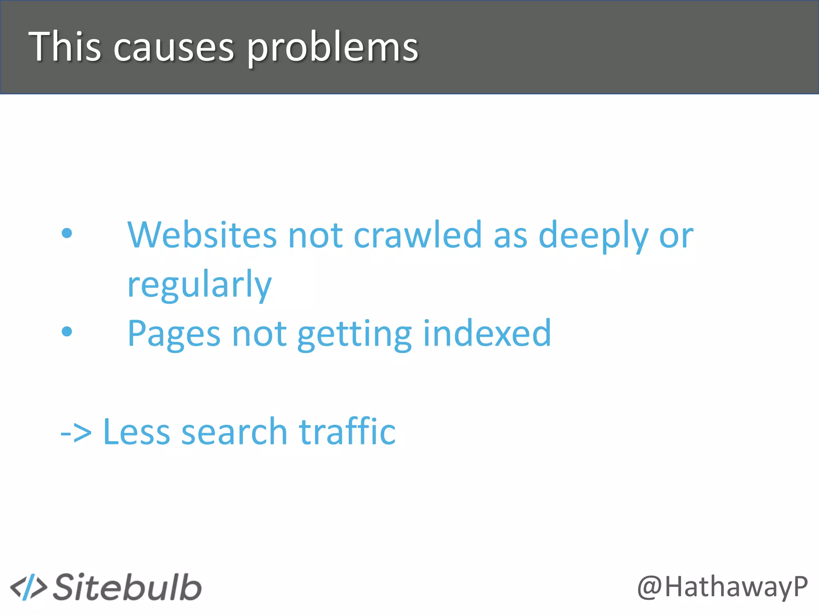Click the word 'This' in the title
pos(64,47)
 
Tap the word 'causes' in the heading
pos(173,48)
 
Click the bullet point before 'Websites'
pos(67,233)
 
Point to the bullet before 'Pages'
pos(67,331)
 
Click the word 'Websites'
pos(202,235)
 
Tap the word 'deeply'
pos(593,236)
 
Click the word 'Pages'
pos(174,334)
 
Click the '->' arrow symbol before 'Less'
pos(76,433)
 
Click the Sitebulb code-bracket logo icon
pos(28,588)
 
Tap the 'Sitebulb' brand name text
pos(127,587)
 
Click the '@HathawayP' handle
pos(722,587)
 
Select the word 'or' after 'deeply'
pos(676,236)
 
